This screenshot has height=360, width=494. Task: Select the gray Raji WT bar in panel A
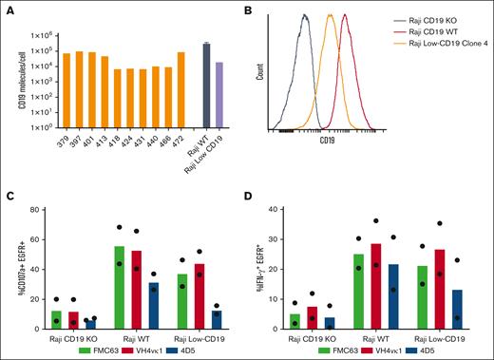(x=206, y=85)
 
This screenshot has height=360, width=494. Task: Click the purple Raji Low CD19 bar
(x=219, y=95)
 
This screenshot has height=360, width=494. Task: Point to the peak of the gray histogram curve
(x=304, y=15)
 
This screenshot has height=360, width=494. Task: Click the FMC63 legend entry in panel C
(x=91, y=350)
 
